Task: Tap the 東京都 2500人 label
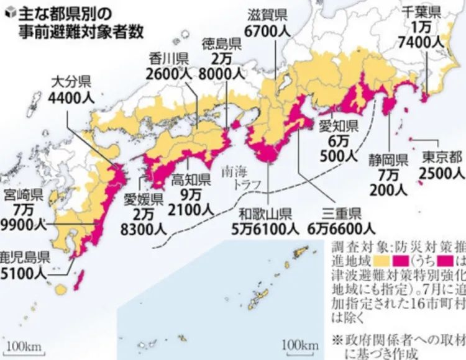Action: pos(440,164)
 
